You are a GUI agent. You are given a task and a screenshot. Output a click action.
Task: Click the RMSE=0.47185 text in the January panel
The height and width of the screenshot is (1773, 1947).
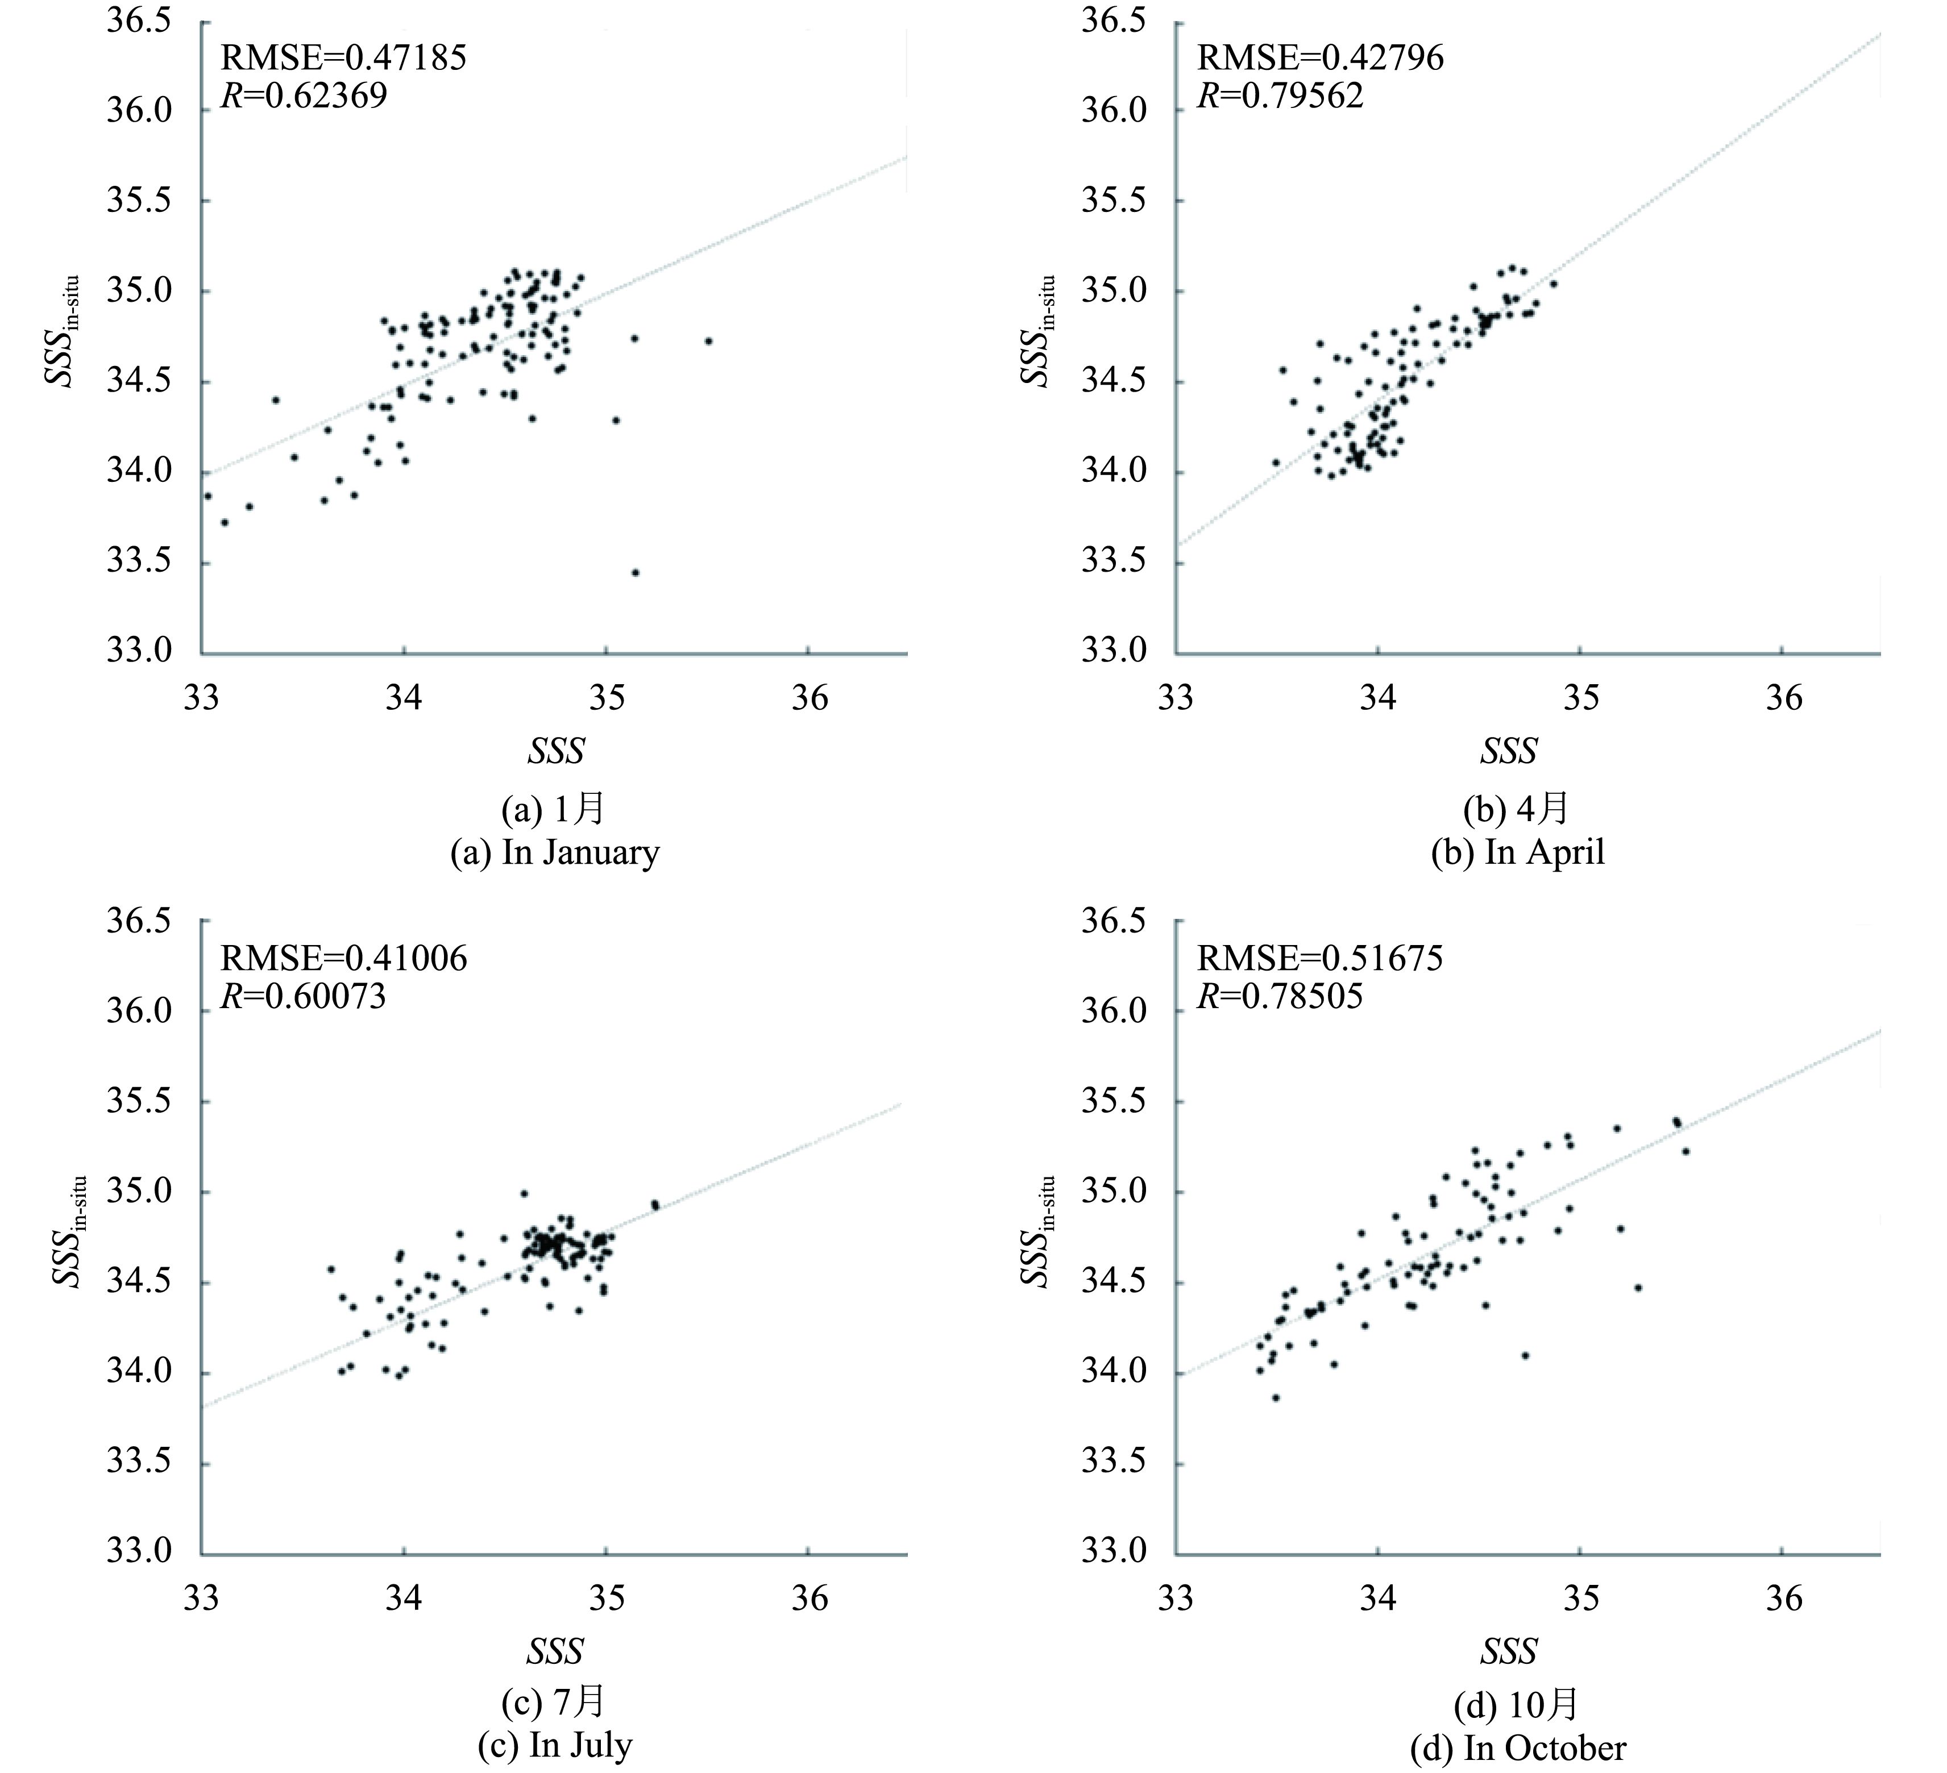pos(343,58)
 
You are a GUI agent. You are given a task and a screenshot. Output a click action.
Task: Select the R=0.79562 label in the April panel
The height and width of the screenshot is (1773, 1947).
pos(1281,95)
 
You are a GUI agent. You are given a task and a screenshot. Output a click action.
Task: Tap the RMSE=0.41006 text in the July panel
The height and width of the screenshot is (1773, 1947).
pos(343,958)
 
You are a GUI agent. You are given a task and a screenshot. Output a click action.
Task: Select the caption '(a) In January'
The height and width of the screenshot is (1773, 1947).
pos(554,852)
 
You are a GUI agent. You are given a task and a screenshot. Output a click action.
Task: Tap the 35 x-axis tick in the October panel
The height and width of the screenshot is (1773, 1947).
pos(1581,1598)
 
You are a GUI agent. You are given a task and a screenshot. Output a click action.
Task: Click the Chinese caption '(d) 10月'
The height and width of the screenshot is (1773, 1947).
pos(1516,1707)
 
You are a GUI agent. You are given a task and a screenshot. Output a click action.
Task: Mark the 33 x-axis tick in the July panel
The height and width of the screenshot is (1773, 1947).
pos(202,1598)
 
